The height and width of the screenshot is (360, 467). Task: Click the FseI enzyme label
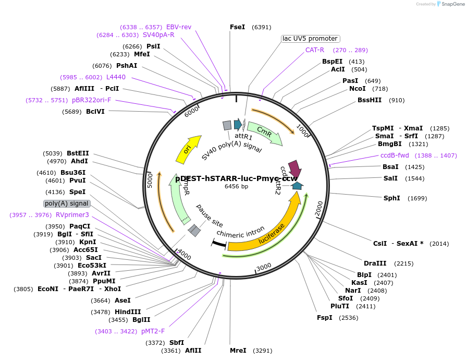[x=237, y=27]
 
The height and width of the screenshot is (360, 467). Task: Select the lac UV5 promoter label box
[x=311, y=39]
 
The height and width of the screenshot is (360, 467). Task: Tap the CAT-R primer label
[x=315, y=50]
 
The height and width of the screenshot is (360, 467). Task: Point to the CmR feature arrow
[x=265, y=133]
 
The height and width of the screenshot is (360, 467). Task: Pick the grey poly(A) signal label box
[x=67, y=203]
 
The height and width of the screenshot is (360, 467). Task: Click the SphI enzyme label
[x=391, y=198]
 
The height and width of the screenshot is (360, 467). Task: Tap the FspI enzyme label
[x=324, y=318]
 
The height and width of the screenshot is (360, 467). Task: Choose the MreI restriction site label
[x=238, y=351]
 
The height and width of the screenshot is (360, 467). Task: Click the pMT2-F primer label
[x=153, y=331]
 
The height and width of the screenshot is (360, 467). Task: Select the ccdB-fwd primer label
[x=395, y=155]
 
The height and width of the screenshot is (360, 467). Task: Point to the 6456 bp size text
[x=237, y=186]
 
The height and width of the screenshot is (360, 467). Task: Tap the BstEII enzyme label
[x=78, y=153]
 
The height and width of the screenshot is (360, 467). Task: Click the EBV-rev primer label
[x=179, y=27]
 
